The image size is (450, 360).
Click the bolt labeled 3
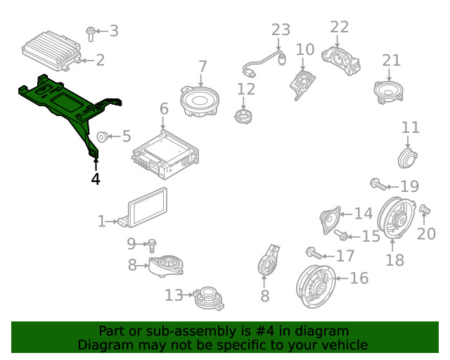91,34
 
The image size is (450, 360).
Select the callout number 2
100,60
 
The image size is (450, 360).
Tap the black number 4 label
96,179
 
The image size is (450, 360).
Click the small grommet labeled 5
102,137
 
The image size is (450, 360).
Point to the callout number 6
164,109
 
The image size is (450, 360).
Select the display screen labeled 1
147,207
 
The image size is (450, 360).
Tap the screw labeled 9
152,245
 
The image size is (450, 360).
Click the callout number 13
174,295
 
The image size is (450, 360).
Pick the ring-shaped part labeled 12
243,117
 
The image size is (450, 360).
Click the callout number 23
281,30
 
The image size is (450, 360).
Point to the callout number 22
339,27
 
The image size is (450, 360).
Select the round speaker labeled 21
389,92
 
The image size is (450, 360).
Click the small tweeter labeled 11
408,158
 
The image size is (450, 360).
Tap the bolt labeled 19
378,184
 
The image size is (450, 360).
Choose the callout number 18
394,260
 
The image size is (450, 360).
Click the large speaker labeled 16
316,287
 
